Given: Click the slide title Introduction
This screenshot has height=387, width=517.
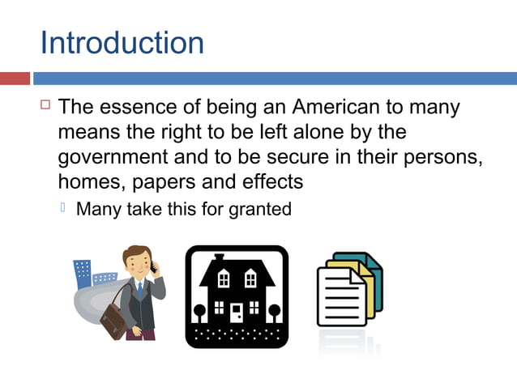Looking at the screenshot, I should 122,42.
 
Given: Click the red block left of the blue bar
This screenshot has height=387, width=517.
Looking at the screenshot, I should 15,79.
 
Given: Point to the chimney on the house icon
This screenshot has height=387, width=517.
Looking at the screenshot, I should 219,258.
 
